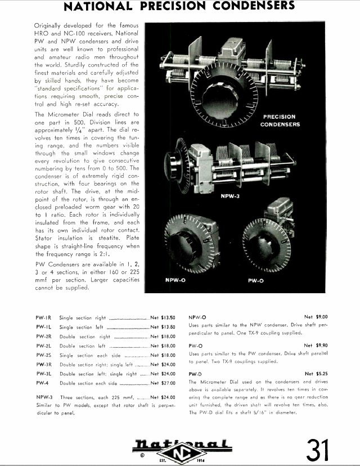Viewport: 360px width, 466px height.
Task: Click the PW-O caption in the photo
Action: click(256, 279)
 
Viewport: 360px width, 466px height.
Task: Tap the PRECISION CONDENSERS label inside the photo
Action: click(280, 120)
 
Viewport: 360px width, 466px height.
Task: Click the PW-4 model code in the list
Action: click(43, 383)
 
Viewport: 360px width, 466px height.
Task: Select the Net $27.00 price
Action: click(163, 383)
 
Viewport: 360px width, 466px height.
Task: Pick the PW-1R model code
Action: click(44, 317)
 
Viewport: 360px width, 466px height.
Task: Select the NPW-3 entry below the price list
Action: click(44, 397)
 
